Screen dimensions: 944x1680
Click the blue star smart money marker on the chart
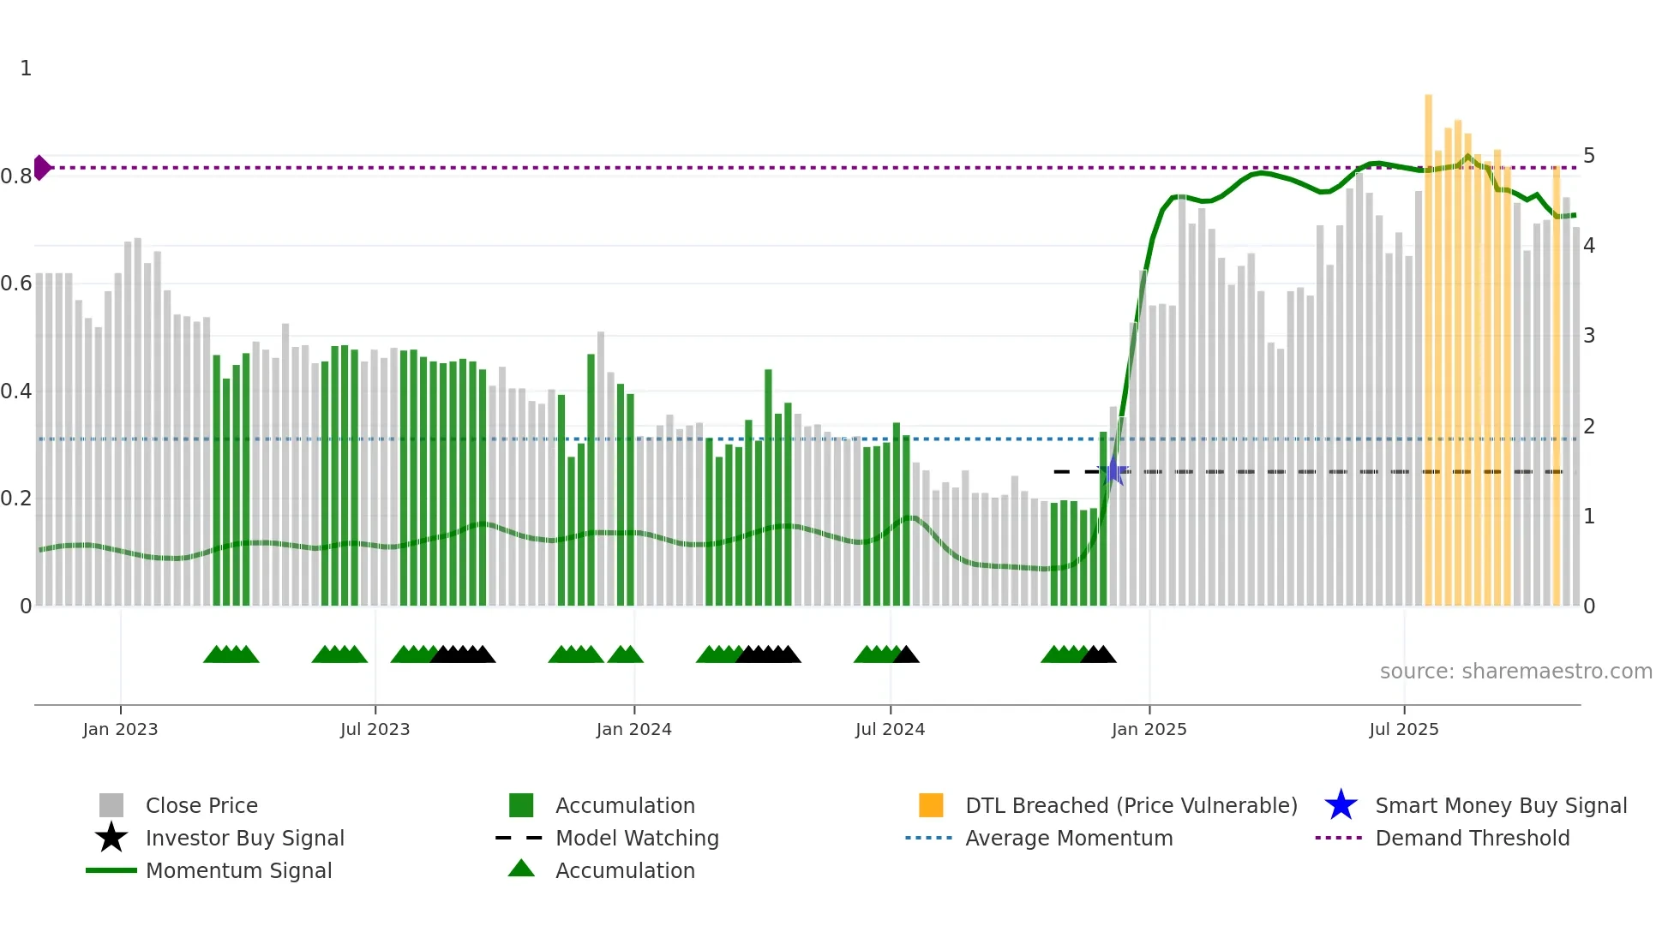coord(1113,471)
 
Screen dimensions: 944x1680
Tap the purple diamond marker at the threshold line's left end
coord(41,168)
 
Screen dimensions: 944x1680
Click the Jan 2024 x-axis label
coord(633,729)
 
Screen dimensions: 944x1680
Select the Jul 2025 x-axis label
coord(1403,729)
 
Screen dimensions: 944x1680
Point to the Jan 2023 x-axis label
coord(120,729)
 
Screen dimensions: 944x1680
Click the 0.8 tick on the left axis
coord(16,176)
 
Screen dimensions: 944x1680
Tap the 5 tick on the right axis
coord(1589,156)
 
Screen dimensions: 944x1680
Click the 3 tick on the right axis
coord(1589,336)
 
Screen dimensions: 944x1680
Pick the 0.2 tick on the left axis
coord(16,499)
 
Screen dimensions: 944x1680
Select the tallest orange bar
coord(1428,343)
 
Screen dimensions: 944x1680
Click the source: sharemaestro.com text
coord(1515,672)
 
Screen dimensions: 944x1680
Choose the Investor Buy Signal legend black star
coord(111,838)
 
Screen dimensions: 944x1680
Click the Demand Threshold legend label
coord(1472,838)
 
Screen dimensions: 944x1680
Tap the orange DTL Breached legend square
coord(931,805)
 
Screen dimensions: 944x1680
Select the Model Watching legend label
coord(637,838)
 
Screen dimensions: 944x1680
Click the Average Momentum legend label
coord(1069,838)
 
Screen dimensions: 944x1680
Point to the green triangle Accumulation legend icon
coord(521,869)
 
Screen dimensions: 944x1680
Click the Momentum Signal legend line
coord(111,870)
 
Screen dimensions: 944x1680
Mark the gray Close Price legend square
coord(111,805)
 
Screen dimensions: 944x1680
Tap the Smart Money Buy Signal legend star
coord(1341,805)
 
